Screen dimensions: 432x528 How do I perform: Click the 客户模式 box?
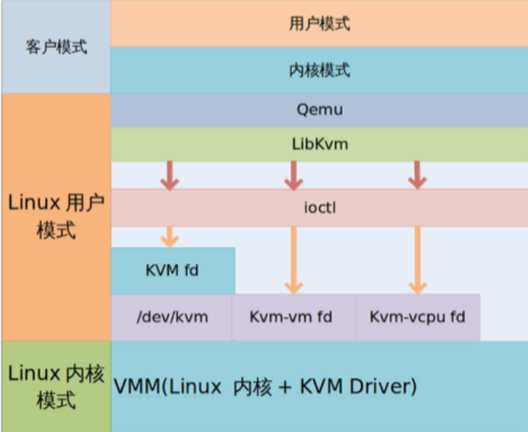point(55,46)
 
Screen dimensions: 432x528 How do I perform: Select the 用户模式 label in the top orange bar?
point(319,24)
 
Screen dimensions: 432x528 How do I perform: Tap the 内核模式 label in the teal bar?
point(319,71)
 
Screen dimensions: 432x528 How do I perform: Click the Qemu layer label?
point(319,111)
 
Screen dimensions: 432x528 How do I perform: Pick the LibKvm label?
point(319,144)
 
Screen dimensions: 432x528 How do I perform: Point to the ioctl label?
point(319,209)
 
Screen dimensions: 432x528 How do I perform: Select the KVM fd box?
point(172,271)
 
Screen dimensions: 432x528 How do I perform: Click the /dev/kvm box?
point(172,318)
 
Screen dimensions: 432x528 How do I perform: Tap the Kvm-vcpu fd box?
point(417,318)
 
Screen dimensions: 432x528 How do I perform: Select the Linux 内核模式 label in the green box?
point(55,387)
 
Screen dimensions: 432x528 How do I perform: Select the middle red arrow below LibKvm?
point(293,176)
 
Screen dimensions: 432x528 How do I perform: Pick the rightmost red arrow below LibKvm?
point(417,176)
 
